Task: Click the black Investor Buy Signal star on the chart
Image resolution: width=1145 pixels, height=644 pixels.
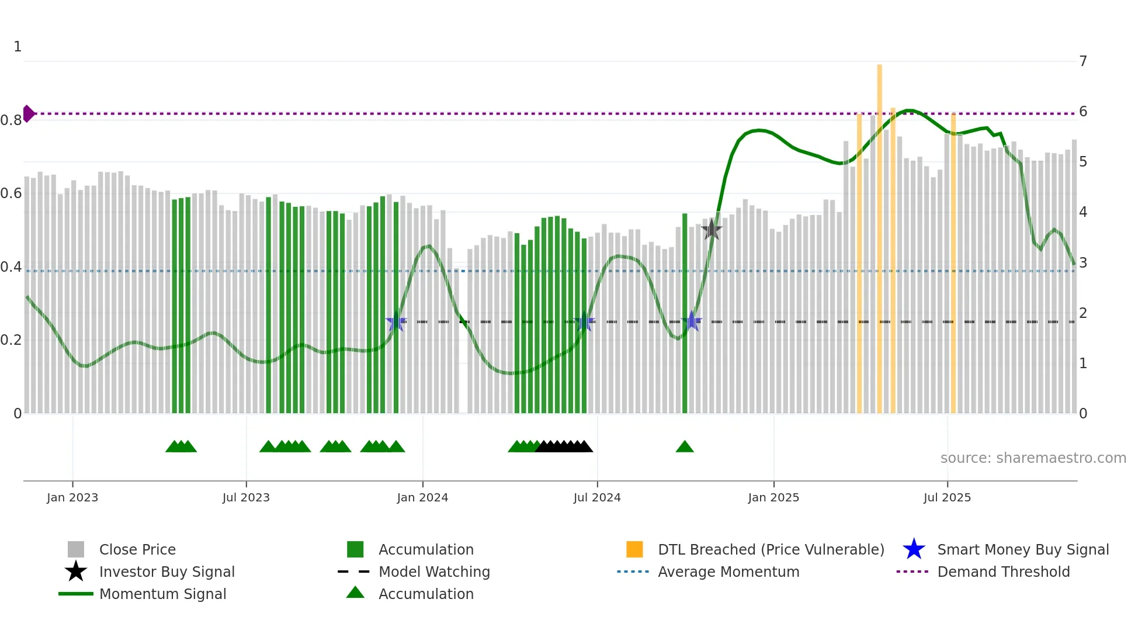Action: tap(712, 230)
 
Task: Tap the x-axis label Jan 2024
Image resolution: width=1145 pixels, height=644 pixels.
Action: tap(422, 497)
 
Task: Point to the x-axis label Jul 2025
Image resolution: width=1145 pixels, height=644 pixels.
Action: tap(947, 497)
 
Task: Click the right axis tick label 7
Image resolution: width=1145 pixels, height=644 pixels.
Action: tap(1083, 61)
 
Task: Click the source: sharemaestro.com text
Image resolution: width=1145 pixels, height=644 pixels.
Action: tap(1033, 458)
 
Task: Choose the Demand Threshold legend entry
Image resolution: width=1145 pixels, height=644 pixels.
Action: tap(1003, 572)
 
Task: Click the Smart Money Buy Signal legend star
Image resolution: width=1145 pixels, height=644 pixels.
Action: tap(914, 549)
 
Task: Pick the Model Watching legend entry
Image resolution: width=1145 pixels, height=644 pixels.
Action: tap(433, 572)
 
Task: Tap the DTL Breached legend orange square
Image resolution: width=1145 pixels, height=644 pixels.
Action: tap(634, 549)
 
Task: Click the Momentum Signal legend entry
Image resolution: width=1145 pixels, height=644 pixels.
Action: tap(162, 594)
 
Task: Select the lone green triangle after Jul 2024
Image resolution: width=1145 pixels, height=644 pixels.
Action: tap(685, 447)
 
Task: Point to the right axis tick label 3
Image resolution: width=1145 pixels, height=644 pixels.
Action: tap(1083, 262)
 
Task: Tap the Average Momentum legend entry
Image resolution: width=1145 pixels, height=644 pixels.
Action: tap(728, 572)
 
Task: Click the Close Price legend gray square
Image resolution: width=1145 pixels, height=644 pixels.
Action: tap(76, 549)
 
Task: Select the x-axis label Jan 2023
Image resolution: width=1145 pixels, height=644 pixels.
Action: tap(72, 497)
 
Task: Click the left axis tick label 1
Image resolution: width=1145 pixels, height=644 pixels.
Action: tap(18, 46)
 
